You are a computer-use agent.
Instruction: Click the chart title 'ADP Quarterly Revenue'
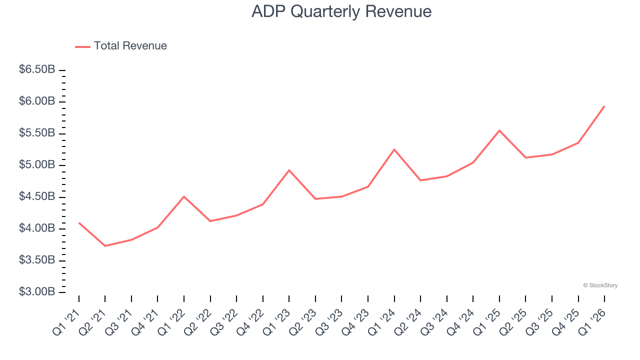(341, 11)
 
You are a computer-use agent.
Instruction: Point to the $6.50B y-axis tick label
(37, 69)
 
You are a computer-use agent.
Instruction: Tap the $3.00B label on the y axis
(37, 291)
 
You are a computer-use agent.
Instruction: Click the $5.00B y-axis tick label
(37, 164)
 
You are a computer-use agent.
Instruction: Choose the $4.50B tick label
(37, 196)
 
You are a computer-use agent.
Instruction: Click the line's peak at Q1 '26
(604, 106)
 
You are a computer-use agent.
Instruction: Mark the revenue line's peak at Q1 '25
(499, 130)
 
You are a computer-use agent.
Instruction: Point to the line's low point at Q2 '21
(105, 246)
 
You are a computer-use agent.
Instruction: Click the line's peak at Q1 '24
(394, 149)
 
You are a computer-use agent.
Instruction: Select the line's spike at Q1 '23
(289, 170)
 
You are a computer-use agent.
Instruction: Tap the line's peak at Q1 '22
(184, 196)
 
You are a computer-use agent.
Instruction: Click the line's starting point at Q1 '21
(79, 222)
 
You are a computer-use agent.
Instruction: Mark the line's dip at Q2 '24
(420, 180)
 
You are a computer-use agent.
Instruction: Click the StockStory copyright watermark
(600, 285)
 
